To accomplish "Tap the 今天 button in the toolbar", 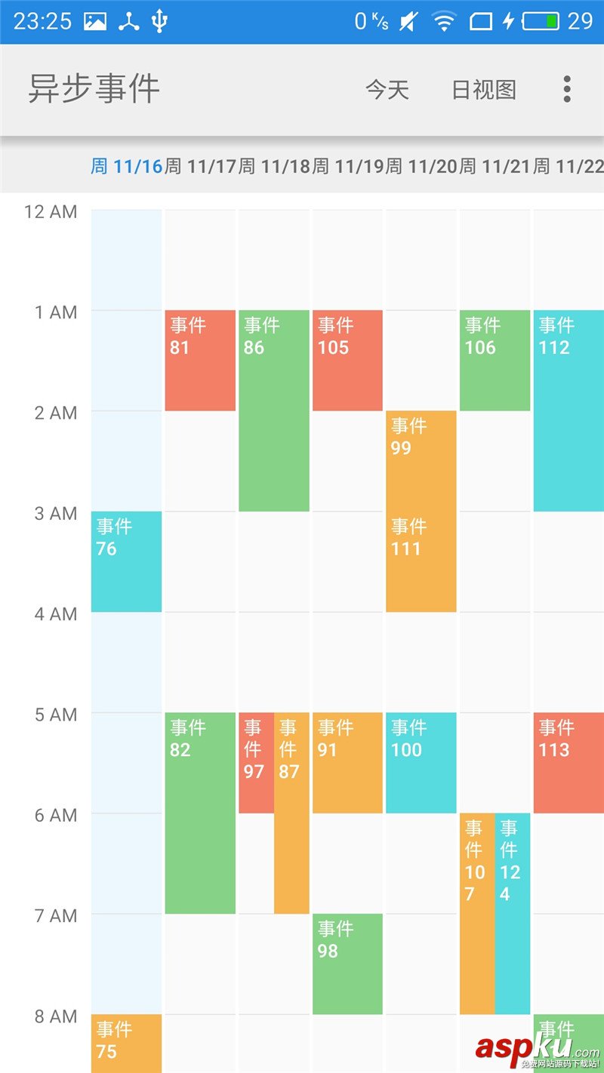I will pyautogui.click(x=387, y=90).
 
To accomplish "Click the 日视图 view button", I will pyautogui.click(x=484, y=90).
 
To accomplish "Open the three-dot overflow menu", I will pyautogui.click(x=567, y=89).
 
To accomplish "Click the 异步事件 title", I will pyautogui.click(x=94, y=89).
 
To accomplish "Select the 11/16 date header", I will pyautogui.click(x=127, y=166).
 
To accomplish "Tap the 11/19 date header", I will pyautogui.click(x=348, y=166).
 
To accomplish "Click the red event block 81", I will pyautogui.click(x=200, y=360).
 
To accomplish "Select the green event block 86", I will pyautogui.click(x=274, y=410).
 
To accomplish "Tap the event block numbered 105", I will pyautogui.click(x=347, y=360).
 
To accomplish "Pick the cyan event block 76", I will pyautogui.click(x=126, y=561).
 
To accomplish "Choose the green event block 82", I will pyautogui.click(x=200, y=813).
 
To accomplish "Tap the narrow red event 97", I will pyautogui.click(x=256, y=762).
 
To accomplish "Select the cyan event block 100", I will pyautogui.click(x=421, y=762).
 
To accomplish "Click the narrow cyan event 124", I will pyautogui.click(x=513, y=913).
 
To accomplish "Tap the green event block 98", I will pyautogui.click(x=347, y=964).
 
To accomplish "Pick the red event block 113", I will pyautogui.click(x=569, y=762).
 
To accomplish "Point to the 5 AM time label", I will pyautogui.click(x=56, y=715).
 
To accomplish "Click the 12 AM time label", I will pyautogui.click(x=51, y=211).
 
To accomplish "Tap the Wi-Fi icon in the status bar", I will pyautogui.click(x=444, y=22).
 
